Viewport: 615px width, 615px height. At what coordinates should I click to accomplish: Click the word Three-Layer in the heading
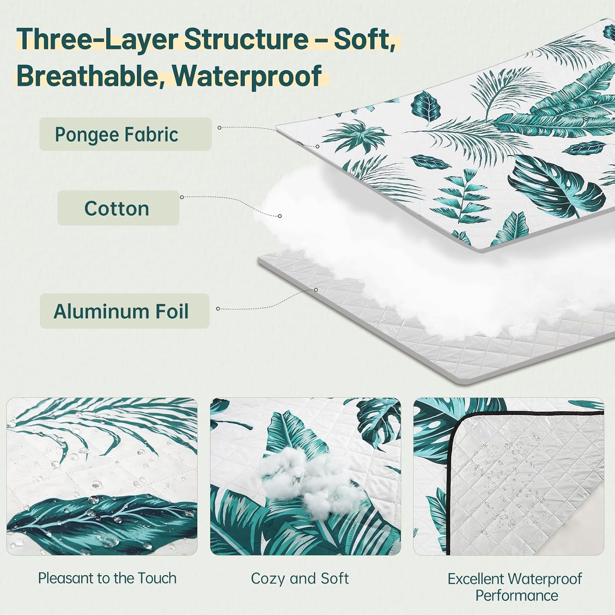(x=97, y=39)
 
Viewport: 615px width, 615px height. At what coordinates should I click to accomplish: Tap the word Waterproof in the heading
(x=247, y=76)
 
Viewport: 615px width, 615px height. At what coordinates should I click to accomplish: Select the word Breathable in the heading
(x=91, y=76)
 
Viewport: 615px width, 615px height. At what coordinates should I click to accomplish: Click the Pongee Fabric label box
(x=125, y=134)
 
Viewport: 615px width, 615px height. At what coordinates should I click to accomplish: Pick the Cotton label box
(x=118, y=208)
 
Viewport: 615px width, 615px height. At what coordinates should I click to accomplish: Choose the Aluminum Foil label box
(x=125, y=311)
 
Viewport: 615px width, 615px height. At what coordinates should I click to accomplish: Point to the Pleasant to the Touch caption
(x=107, y=578)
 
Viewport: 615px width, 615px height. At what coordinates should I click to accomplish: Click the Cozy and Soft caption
(x=300, y=579)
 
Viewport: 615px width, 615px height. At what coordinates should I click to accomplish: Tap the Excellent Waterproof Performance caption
(x=515, y=587)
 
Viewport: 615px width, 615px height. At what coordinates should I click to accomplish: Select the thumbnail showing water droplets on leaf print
(x=102, y=476)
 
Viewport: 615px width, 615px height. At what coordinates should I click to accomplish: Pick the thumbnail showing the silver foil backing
(x=509, y=476)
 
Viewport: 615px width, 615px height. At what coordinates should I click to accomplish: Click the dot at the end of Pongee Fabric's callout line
(x=317, y=146)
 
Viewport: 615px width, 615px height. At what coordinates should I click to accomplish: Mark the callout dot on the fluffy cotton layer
(x=280, y=216)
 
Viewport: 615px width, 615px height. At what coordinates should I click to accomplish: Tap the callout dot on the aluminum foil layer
(x=316, y=290)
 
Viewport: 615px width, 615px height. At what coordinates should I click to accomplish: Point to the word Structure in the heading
(x=246, y=39)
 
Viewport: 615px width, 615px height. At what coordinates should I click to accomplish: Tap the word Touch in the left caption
(x=157, y=578)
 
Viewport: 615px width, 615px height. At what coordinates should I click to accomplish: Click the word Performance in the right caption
(x=517, y=595)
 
